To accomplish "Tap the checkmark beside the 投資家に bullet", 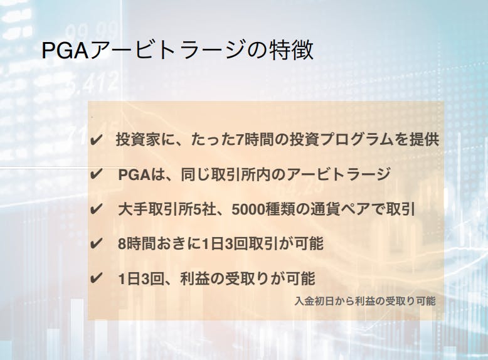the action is [x=95, y=140].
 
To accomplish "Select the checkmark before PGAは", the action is [x=95, y=174].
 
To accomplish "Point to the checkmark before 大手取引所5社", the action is [x=95, y=209].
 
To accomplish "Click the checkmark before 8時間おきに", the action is [x=95, y=243].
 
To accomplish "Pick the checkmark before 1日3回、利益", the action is [x=95, y=278].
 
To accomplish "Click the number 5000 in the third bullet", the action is [x=248, y=209].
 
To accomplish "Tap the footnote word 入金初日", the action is [x=314, y=301].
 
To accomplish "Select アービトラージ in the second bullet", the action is [x=337, y=174].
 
